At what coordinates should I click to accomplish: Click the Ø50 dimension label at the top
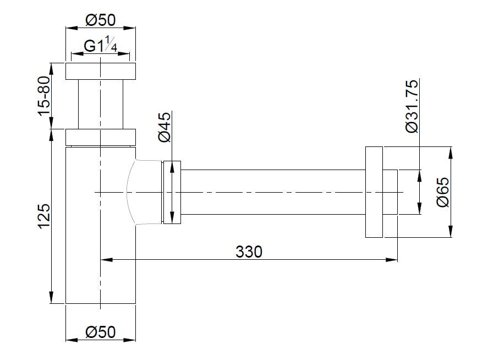(x=101, y=20)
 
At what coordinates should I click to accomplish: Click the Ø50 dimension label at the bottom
(x=101, y=332)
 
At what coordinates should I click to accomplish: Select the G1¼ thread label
(x=101, y=47)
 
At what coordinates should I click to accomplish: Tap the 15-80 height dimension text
(x=44, y=96)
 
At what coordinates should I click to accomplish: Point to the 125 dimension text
(x=44, y=216)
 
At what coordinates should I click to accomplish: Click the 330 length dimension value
(x=249, y=252)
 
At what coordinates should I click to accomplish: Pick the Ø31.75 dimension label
(x=412, y=106)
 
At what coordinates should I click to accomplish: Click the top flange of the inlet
(x=101, y=72)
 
